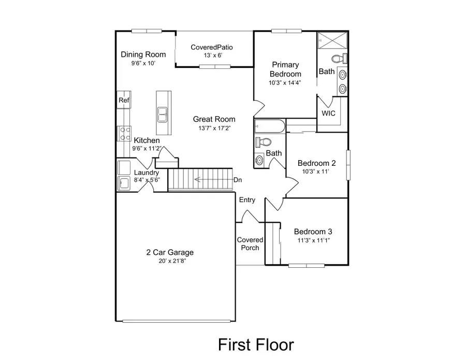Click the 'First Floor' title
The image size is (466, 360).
[x=256, y=344]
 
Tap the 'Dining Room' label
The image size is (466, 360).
[x=143, y=54]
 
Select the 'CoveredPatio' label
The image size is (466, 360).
[x=212, y=47]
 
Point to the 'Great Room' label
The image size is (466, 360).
[x=214, y=119]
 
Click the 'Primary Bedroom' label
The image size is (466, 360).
[x=285, y=69]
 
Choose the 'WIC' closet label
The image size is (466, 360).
[x=329, y=113]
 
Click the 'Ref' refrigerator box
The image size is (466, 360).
[x=123, y=100]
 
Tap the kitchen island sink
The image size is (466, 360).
[x=163, y=113]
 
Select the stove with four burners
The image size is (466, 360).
[x=125, y=134]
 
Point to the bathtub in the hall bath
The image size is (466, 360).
[x=269, y=126]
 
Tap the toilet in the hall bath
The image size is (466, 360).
[x=264, y=142]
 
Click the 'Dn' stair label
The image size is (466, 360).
[x=238, y=180]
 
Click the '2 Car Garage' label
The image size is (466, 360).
[x=170, y=253]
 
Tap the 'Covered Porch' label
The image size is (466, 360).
[x=250, y=244]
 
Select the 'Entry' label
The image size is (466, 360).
[x=247, y=200]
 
